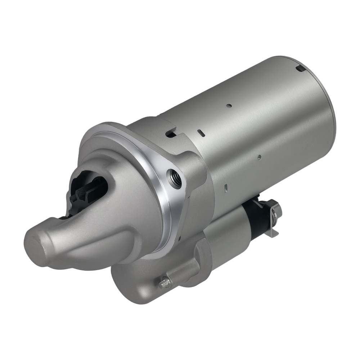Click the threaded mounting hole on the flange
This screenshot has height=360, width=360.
coord(176,179)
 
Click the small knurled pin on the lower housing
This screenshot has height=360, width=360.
coord(164,283)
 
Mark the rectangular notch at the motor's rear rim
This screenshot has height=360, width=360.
coord(300,68)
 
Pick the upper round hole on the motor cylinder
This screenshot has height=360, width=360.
coord(229,106)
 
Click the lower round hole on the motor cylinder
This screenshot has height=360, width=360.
coord(258,157)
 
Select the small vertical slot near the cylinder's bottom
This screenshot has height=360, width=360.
coord(225,188)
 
